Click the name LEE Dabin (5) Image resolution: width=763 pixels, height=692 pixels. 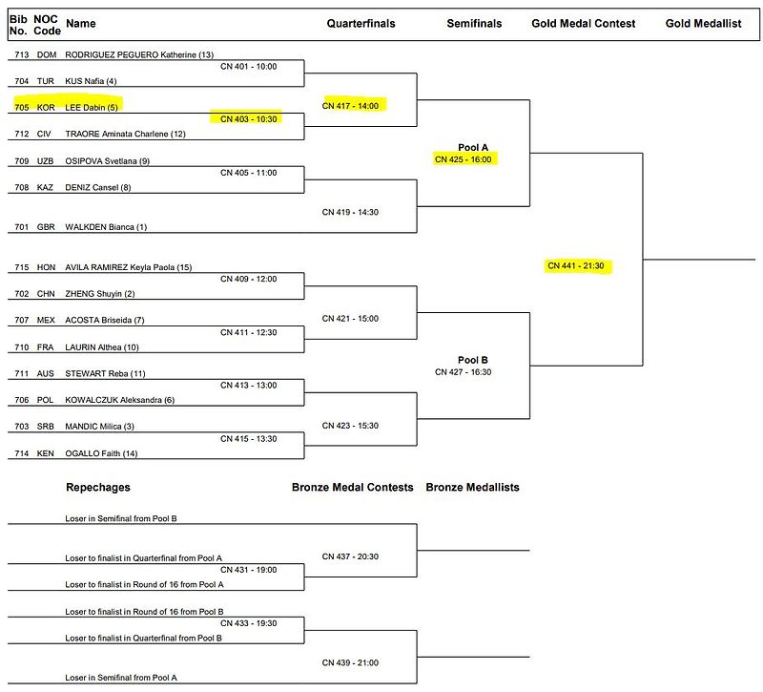pos(92,108)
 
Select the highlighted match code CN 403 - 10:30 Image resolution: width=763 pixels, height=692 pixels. pos(249,119)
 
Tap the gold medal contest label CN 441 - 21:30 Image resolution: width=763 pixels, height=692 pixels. pos(576,266)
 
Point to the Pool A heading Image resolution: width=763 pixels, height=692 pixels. pos(473,148)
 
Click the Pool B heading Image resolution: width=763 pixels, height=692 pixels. pos(473,361)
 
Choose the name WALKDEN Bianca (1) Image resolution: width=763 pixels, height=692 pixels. pos(106,227)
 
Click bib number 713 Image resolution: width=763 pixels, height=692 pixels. pos(22,54)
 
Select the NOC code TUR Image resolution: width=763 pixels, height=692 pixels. pos(45,81)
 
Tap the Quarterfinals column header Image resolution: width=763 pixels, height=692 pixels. pos(361,23)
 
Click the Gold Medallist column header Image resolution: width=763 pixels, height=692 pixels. pos(704,23)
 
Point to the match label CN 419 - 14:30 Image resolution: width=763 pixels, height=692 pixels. pos(350,212)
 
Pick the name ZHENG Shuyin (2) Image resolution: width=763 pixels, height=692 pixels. pos(100,294)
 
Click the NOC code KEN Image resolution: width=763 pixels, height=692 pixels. pos(45,453)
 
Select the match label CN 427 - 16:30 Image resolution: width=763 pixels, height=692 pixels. pos(464,372)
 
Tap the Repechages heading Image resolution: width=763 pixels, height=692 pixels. pos(98,488)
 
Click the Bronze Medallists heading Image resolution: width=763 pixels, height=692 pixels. pos(472,488)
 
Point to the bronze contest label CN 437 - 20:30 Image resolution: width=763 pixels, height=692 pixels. pos(350,556)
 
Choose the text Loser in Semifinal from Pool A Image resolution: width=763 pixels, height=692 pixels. pos(121,678)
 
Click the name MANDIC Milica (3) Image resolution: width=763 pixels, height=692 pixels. pos(100,427)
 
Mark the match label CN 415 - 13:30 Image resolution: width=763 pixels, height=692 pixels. pos(249,439)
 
